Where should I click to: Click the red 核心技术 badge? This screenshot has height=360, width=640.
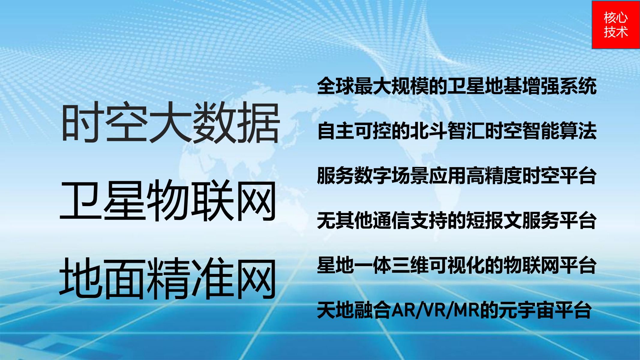[x=616, y=25]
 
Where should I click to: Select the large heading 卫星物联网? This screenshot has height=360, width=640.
[x=168, y=200]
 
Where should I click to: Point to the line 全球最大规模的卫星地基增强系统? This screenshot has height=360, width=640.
[x=457, y=86]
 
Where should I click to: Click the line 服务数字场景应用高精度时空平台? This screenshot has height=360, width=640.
[x=457, y=175]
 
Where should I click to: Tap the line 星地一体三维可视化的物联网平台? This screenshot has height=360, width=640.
[x=457, y=265]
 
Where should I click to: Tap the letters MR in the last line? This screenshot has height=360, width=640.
[x=467, y=310]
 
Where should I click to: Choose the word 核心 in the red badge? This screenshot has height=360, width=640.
[x=616, y=17]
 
